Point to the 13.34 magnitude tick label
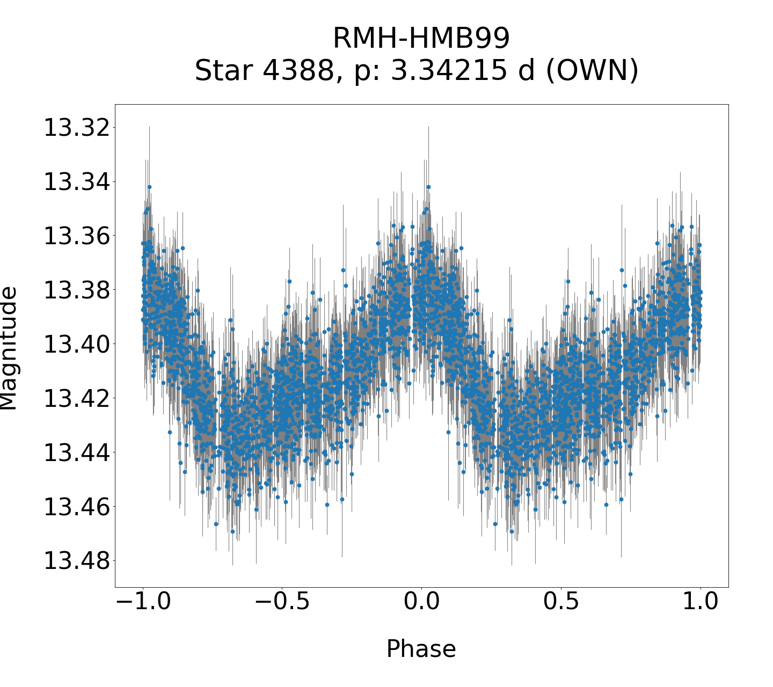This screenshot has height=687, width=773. (x=76, y=182)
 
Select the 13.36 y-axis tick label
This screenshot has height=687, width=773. (x=76, y=236)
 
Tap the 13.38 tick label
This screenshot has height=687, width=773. (x=76, y=290)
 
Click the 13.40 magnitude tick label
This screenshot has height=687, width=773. (x=76, y=344)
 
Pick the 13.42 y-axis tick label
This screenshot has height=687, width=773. (x=76, y=398)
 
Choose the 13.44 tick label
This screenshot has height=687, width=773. (x=76, y=452)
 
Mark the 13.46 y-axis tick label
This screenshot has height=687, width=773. (x=76, y=507)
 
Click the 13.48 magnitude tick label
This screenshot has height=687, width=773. (x=76, y=561)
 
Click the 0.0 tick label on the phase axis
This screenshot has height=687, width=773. (x=421, y=602)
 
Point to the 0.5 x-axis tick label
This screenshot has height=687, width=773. (x=561, y=602)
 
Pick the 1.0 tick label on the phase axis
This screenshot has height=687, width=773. (x=700, y=602)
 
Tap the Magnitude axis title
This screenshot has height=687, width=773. (x=9, y=348)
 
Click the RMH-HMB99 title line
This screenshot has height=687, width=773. (x=421, y=39)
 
